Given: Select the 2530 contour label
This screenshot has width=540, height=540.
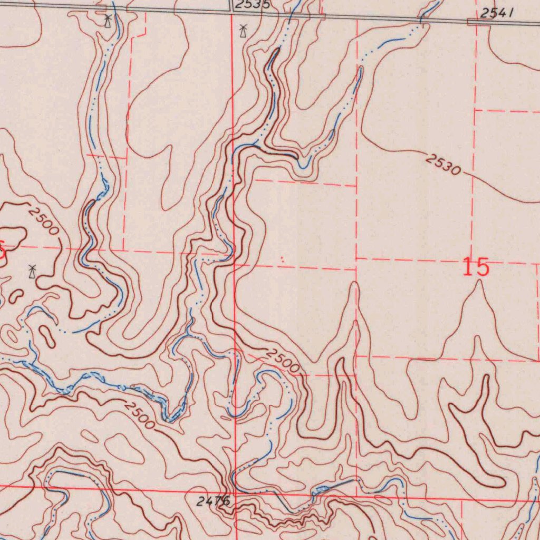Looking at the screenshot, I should coord(443,165).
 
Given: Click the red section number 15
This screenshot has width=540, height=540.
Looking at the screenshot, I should coord(476,267).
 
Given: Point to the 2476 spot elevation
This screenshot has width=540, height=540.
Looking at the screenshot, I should coord(213,502).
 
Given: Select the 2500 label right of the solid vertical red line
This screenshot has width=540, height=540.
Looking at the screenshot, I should coord(283,361).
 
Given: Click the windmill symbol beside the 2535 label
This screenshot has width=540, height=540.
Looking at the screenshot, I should coord(243,31).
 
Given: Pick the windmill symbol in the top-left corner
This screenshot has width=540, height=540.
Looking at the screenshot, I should coord(108,21).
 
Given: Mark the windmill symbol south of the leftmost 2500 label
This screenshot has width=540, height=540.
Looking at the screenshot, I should coord(32,272).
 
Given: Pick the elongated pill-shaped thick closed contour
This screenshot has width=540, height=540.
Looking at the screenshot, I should coord(47,336).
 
